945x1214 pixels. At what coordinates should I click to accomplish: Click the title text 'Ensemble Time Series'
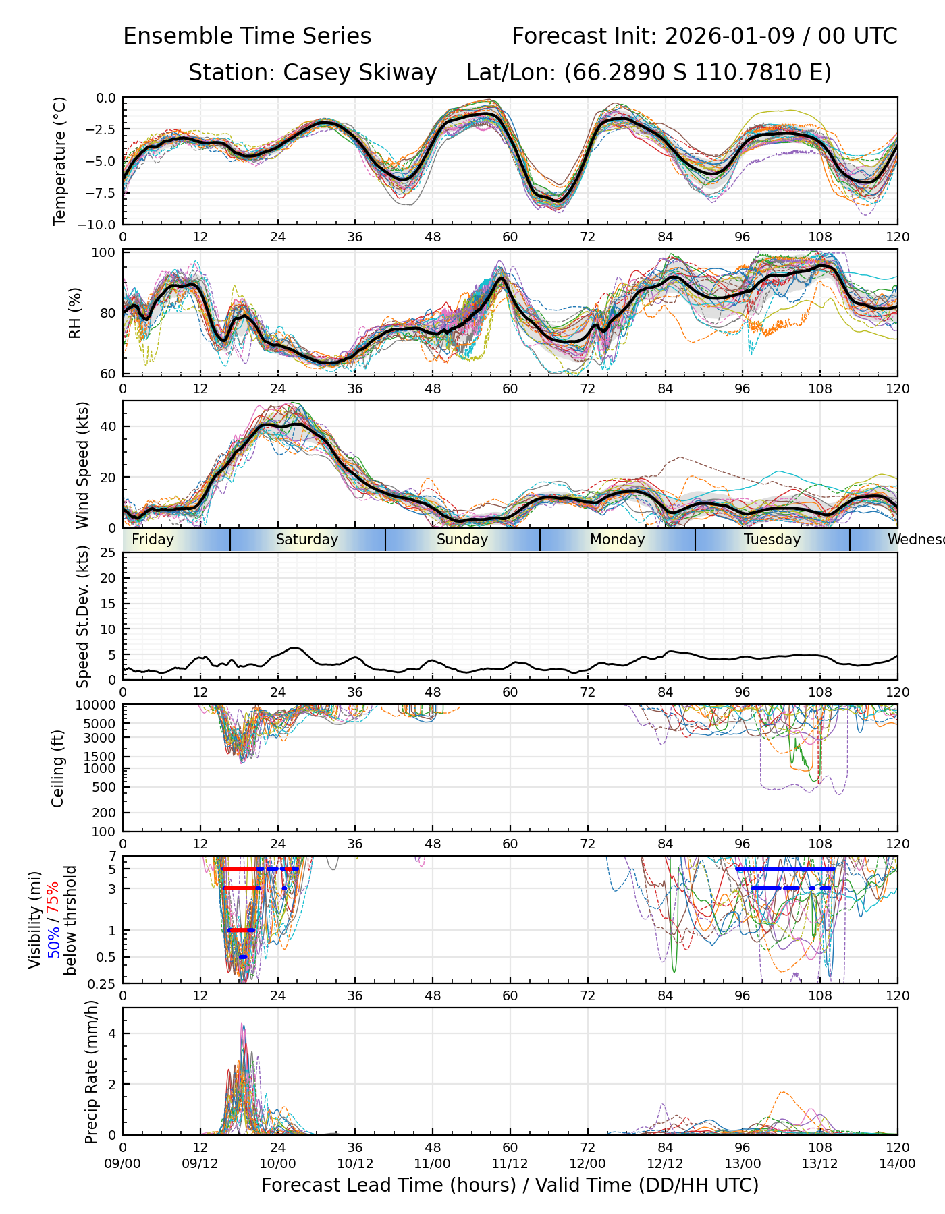(x=247, y=36)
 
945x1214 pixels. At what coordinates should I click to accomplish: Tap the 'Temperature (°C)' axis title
(x=60, y=161)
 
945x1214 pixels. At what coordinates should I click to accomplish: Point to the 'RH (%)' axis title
(x=75, y=313)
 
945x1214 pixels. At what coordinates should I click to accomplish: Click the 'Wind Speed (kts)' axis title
(x=82, y=465)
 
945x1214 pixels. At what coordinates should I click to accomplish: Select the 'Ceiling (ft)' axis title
(x=58, y=768)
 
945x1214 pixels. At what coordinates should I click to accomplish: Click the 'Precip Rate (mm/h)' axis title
(x=91, y=1071)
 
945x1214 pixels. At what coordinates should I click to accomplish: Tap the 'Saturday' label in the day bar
(x=307, y=540)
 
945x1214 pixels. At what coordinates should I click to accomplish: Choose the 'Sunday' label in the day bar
(x=462, y=540)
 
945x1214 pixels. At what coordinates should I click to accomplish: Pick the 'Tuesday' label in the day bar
(x=772, y=540)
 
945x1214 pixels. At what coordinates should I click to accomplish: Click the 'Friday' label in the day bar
(x=153, y=540)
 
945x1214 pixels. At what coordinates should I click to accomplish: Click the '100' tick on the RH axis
(x=105, y=253)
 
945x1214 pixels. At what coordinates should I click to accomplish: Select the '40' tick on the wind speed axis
(x=108, y=426)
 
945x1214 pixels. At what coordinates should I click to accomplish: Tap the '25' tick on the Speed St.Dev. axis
(x=108, y=553)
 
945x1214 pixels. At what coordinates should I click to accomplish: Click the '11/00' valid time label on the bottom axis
(x=433, y=1164)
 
